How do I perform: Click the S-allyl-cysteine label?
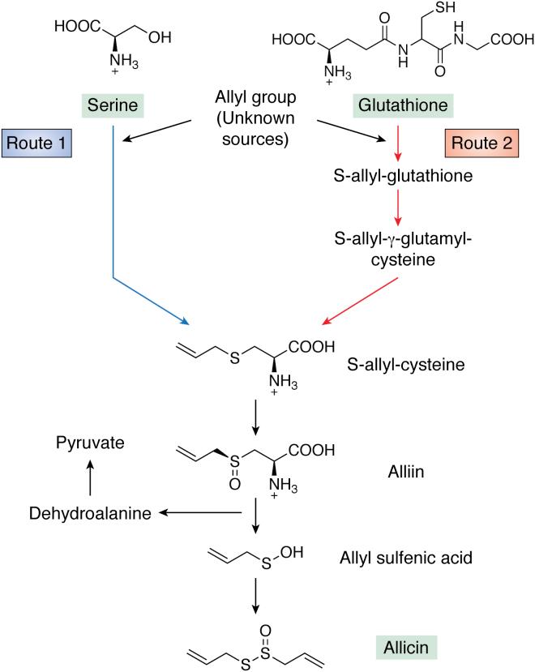417,364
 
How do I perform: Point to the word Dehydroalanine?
79,512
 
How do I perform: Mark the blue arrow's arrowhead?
187,323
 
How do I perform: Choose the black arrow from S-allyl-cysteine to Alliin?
256,416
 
